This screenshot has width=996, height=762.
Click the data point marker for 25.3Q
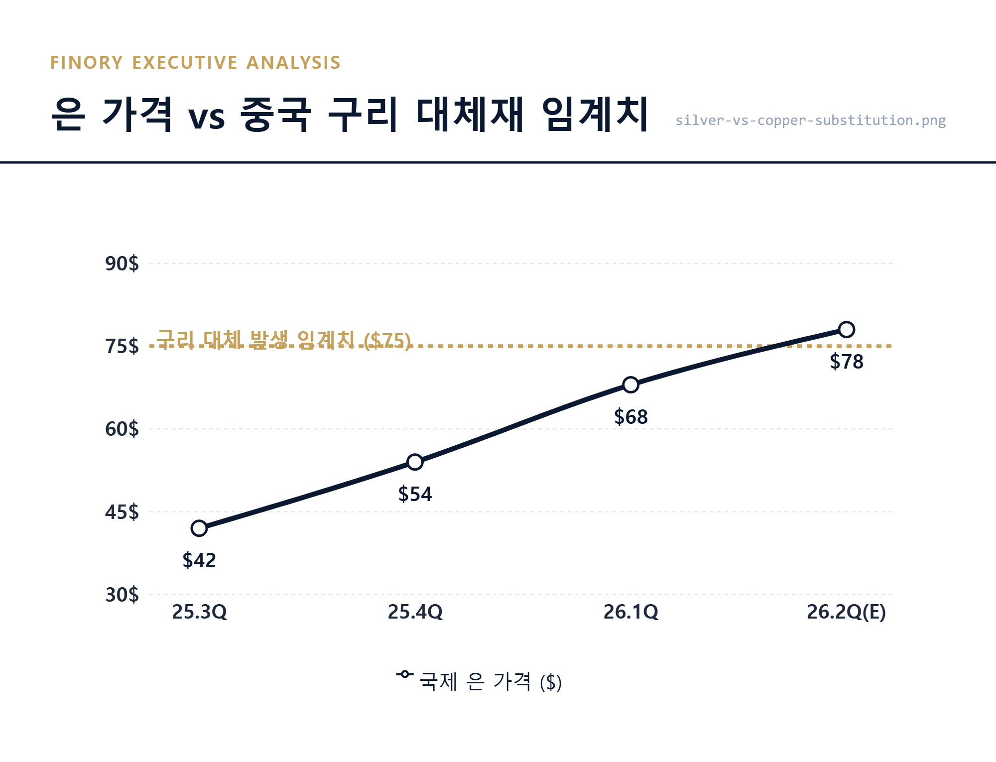199,528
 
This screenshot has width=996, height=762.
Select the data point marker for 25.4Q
415,462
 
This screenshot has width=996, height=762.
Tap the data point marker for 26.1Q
630,385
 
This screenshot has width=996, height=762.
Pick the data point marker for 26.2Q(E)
846,330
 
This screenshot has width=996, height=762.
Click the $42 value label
199,561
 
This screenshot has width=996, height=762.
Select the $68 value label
630,417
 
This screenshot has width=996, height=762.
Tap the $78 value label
846,362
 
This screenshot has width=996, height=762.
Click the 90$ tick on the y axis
122,263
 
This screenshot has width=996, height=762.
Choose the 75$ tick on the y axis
122,346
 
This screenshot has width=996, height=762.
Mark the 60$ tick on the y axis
122,429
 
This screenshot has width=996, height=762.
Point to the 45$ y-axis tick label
122,512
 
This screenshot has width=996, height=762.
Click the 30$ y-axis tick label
122,595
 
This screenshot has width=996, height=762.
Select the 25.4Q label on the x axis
415,612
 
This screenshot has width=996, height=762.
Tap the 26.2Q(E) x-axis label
846,612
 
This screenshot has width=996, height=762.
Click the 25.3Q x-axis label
199,612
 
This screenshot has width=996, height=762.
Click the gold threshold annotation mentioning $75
283,340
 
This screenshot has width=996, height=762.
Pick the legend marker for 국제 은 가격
404,674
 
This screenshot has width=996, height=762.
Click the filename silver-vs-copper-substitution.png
810,121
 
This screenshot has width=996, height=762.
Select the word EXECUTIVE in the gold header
184,63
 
